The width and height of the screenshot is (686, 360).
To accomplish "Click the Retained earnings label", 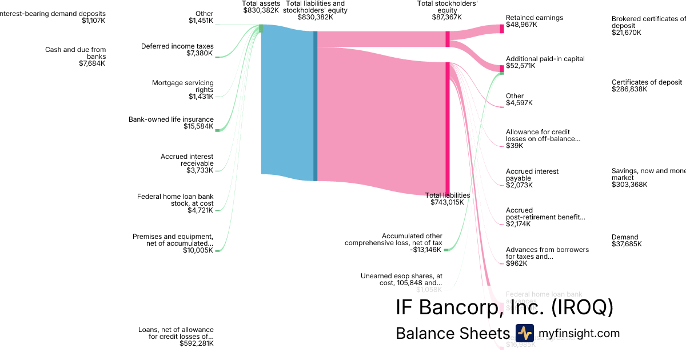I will pos(534,18).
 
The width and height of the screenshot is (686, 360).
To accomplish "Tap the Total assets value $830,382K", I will pos(261,10).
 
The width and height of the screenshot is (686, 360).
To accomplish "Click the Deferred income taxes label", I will pos(177,46).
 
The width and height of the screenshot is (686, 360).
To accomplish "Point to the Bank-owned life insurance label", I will pos(171,119).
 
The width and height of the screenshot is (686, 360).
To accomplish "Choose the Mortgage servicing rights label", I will pos(182,86).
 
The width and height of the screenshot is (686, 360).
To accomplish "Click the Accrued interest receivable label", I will pos(187,160).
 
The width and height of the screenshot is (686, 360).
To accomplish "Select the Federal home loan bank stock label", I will pos(175,200).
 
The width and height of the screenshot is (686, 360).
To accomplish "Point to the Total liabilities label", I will pos(448,195).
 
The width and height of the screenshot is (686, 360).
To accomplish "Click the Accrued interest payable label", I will pos(532,175).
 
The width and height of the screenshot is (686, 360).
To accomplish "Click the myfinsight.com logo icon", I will pos(524,333).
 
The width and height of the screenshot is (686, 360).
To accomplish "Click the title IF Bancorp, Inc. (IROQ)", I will pos(504,307).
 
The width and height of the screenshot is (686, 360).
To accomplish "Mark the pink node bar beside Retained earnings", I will pos(502,29).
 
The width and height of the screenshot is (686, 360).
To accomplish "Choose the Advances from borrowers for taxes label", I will pos(547,253).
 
